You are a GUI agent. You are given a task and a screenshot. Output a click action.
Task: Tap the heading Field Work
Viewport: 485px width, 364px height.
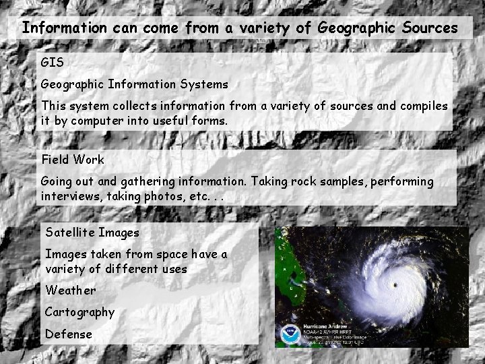point(73,160)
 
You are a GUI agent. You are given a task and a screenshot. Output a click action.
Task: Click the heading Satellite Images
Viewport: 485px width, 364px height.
point(92,233)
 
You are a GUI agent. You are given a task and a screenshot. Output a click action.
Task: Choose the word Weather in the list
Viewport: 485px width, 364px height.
point(70,291)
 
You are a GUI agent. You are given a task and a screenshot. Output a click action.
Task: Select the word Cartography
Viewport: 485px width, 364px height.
point(79,312)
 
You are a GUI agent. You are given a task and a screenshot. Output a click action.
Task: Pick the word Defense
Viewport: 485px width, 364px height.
point(68,334)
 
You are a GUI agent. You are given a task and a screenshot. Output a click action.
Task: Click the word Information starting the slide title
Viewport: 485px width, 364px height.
point(64,28)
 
